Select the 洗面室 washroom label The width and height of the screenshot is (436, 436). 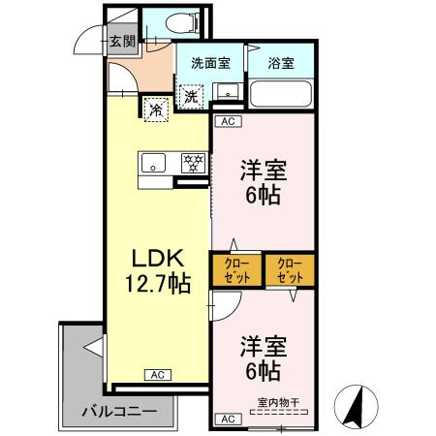tap(209, 64)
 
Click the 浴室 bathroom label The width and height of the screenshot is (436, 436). tap(280, 64)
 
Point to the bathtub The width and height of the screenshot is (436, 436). tap(279, 94)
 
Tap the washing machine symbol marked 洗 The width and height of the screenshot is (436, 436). tap(192, 96)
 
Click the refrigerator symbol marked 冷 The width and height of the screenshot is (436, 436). tap(155, 109)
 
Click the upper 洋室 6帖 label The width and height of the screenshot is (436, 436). tap(261, 180)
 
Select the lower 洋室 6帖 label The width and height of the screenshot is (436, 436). tap(261, 359)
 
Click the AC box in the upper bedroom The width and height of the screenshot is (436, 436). tap(228, 122)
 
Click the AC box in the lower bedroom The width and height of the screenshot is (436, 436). tap(228, 419)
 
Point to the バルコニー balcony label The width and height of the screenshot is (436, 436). tap(118, 411)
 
